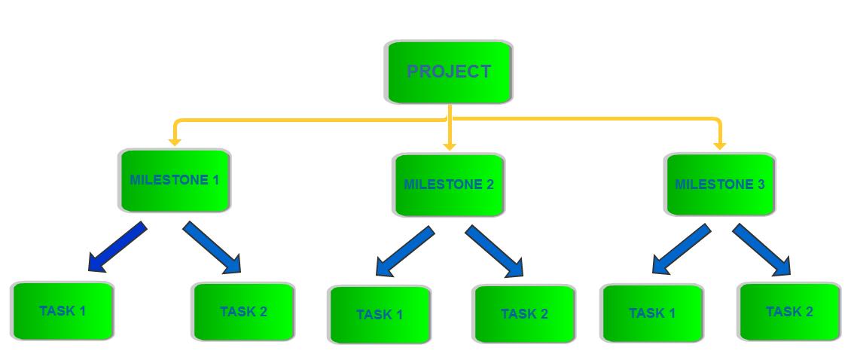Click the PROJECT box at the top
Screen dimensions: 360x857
point(449,72)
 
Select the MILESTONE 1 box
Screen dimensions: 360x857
point(174,180)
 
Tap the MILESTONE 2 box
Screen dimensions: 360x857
point(448,185)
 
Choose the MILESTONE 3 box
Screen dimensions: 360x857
point(719,185)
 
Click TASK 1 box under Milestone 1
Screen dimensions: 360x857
point(63,310)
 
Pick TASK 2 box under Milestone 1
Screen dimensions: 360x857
point(243,311)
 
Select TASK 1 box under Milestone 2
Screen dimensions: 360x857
point(380,314)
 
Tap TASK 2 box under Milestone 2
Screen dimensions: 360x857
point(524,313)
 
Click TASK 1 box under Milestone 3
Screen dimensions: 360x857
point(652,313)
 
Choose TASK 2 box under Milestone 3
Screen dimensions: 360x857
point(789,311)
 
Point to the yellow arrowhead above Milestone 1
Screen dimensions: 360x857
point(175,141)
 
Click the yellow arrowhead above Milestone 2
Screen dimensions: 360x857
point(450,145)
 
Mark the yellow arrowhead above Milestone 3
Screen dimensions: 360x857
point(719,145)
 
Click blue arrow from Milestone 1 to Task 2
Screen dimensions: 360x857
point(212,247)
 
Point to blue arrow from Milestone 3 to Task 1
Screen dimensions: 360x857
point(681,249)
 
